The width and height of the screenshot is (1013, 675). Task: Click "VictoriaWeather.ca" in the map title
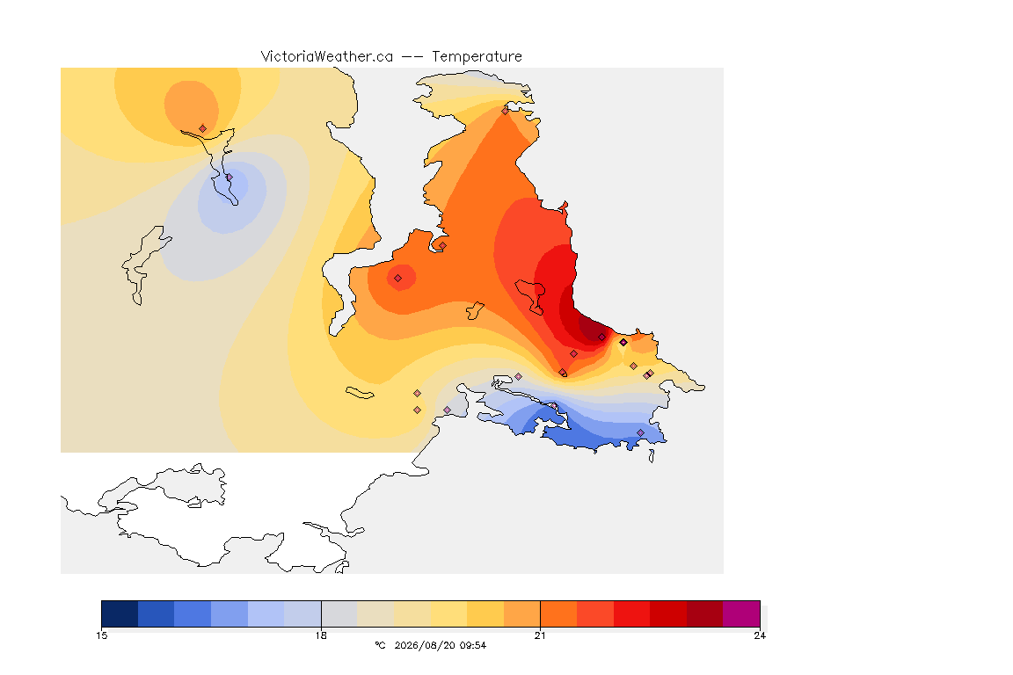pyautogui.click(x=327, y=57)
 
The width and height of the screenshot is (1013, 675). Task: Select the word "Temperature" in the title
pyautogui.click(x=477, y=57)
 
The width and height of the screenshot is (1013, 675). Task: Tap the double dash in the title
pyautogui.click(x=412, y=57)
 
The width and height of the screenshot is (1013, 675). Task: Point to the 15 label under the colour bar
pyautogui.click(x=101, y=635)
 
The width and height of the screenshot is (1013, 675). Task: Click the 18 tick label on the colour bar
pyautogui.click(x=321, y=635)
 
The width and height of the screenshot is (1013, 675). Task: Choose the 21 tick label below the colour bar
pyautogui.click(x=540, y=635)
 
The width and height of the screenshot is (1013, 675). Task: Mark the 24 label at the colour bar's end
pyautogui.click(x=760, y=635)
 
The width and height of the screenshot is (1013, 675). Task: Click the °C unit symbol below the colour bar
pyautogui.click(x=380, y=645)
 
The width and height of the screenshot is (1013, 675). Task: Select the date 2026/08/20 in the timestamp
pyautogui.click(x=425, y=645)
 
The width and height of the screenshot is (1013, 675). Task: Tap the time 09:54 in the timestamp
pyautogui.click(x=473, y=645)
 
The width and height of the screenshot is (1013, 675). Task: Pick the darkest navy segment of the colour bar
pyautogui.click(x=120, y=613)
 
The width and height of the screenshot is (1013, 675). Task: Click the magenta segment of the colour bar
pyautogui.click(x=741, y=613)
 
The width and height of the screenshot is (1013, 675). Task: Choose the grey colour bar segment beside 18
pyautogui.click(x=339, y=613)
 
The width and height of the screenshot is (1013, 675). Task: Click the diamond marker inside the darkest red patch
pyautogui.click(x=602, y=337)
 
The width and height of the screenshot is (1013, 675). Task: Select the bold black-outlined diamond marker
pyautogui.click(x=623, y=343)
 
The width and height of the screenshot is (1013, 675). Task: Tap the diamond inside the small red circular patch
pyautogui.click(x=398, y=279)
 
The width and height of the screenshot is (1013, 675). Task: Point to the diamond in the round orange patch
pyautogui.click(x=203, y=128)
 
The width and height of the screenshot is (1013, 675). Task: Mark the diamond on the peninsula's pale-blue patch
pyautogui.click(x=230, y=178)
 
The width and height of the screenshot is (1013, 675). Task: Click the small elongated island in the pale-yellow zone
pyautogui.click(x=360, y=393)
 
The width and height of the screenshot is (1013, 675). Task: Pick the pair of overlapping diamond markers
pyautogui.click(x=649, y=374)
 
